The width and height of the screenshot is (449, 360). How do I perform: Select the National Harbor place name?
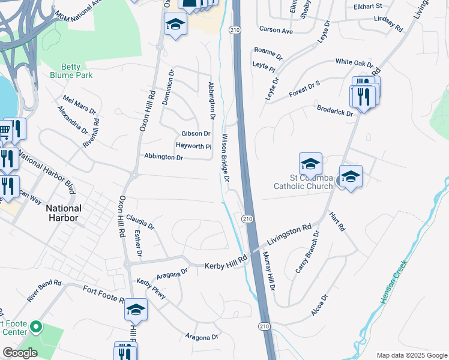coord(62,212)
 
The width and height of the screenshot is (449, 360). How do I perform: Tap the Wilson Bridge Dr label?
coord(226,158)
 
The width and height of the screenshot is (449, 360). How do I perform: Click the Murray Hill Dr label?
coord(268,271)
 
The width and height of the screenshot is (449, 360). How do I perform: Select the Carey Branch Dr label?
coord(307,252)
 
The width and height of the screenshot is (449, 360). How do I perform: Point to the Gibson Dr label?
coord(196,133)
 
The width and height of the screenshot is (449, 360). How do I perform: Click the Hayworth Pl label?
coord(193,146)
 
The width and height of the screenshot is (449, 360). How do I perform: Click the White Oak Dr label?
coord(354,62)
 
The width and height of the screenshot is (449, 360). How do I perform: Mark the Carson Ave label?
coord(276,29)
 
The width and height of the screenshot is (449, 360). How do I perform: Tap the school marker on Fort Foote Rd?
coord(136,310)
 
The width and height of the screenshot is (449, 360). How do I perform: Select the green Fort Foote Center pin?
coord(35,327)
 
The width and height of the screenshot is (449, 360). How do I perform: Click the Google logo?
coord(20,353)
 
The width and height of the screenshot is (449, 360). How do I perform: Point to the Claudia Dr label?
coord(140,223)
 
